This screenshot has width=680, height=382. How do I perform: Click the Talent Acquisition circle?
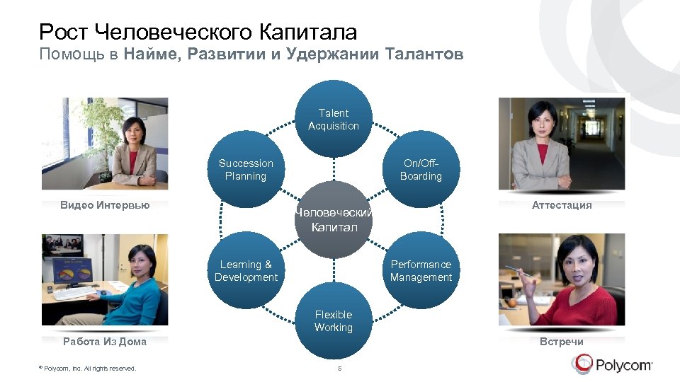(334, 120)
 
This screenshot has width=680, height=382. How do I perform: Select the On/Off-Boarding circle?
(421, 170)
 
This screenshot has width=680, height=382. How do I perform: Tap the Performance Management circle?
(421, 271)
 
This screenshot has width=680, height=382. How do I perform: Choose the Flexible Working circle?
(334, 321)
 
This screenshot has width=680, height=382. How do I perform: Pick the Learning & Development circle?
(246, 271)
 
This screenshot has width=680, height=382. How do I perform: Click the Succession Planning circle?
(246, 170)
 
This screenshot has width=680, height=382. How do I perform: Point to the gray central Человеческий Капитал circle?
(334, 220)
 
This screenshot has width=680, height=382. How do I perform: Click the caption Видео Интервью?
(105, 205)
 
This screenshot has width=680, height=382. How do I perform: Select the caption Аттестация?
(562, 205)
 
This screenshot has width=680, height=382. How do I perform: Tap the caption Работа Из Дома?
(105, 342)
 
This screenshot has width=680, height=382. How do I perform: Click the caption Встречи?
(562, 342)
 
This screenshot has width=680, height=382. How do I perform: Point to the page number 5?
(340, 369)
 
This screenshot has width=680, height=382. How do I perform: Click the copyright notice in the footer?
(89, 369)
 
